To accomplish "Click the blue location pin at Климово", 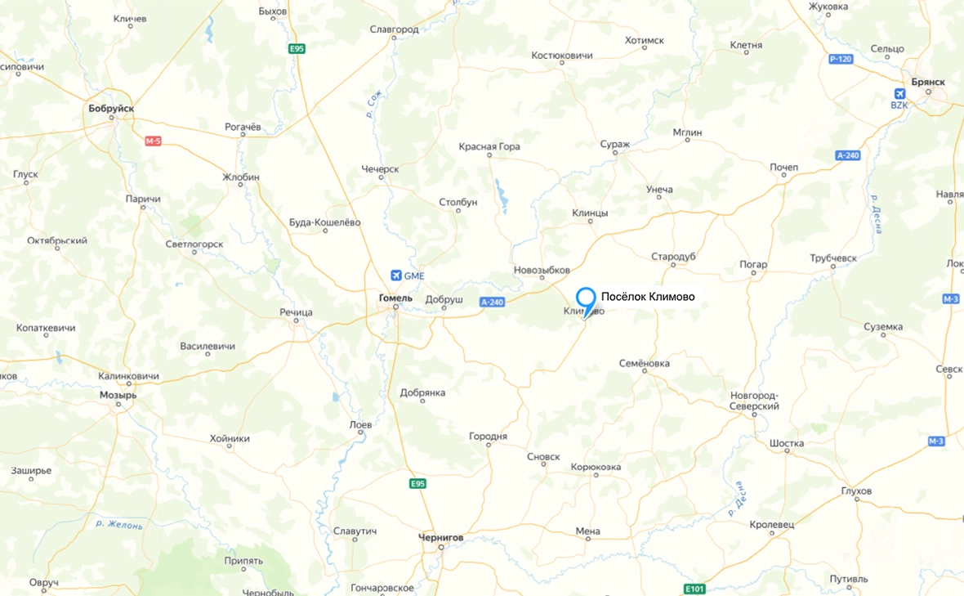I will click(586, 298).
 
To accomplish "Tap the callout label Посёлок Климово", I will click(648, 297).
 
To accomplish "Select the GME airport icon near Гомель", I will click(397, 276).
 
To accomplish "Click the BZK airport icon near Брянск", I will click(899, 94).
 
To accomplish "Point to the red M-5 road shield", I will click(154, 141).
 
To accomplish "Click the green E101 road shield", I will click(694, 589).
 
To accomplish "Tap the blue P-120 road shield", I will click(841, 60).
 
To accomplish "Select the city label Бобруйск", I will click(111, 108).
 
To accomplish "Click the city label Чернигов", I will click(440, 537).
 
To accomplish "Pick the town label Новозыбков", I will click(542, 270).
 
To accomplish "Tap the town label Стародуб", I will click(673, 257).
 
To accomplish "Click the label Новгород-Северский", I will click(755, 401).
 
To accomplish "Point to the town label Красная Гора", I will click(489, 147).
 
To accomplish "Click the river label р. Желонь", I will click(119, 524).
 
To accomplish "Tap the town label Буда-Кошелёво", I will click(324, 222).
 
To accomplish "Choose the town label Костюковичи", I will click(562, 56).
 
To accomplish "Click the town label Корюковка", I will click(596, 467).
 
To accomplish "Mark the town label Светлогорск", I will click(194, 244).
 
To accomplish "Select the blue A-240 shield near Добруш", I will click(493, 302).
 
